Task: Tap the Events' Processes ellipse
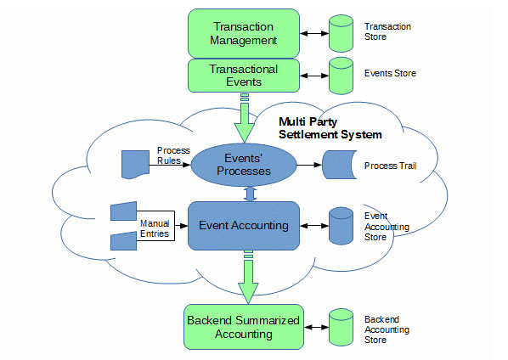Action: (x=246, y=165)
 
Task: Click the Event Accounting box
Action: (x=245, y=225)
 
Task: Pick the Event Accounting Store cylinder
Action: (x=341, y=226)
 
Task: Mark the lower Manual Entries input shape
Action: (x=125, y=241)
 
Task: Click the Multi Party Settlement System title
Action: (x=330, y=128)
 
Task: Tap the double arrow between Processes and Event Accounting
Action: (x=246, y=194)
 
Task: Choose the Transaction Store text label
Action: (x=387, y=32)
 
